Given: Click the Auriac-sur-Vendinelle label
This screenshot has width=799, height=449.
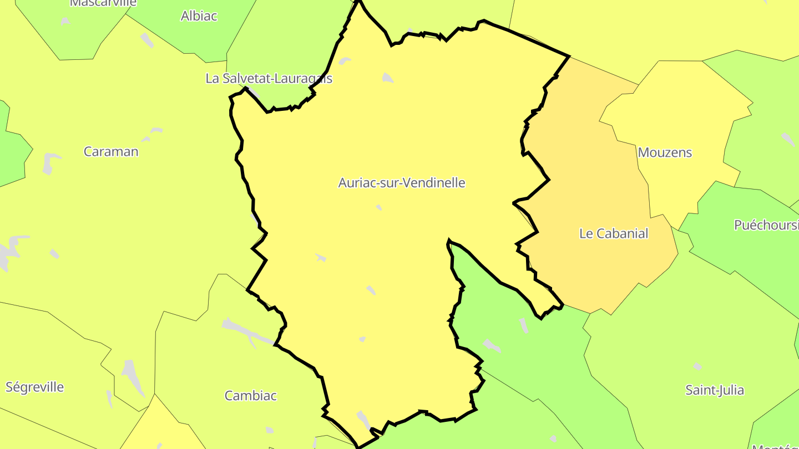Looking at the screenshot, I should [402, 182].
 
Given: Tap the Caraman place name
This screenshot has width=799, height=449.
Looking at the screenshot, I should [111, 151].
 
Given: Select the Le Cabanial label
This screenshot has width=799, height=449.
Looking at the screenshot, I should [613, 233].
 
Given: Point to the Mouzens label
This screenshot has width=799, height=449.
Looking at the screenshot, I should [665, 152].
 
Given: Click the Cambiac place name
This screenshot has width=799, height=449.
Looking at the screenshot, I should [250, 396].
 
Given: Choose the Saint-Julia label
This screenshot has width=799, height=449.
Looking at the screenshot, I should [715, 390].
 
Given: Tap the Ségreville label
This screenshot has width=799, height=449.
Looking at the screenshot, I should [35, 387].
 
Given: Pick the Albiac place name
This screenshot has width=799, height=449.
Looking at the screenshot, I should [199, 16].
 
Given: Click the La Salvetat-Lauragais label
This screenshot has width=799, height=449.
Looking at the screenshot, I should [269, 78].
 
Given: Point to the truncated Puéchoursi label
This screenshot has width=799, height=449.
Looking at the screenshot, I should [766, 225].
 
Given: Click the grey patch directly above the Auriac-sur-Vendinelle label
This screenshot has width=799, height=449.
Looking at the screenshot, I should [387, 78].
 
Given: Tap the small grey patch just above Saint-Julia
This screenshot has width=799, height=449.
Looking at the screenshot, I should [697, 366].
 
